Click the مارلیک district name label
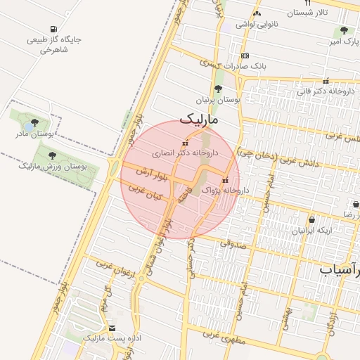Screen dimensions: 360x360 click(200, 120)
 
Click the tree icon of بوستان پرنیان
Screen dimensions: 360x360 click(218, 89)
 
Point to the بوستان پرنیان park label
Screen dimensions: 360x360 click(218, 101)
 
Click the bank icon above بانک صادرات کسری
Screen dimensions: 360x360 click(244, 56)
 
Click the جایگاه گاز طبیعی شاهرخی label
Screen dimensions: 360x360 click(54, 44)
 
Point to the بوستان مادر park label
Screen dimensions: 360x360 click(34, 133)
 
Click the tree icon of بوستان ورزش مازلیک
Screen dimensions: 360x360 click(51, 155)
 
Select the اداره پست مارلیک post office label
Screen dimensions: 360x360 click(112, 338)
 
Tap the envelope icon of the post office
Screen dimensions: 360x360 click(112, 328)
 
